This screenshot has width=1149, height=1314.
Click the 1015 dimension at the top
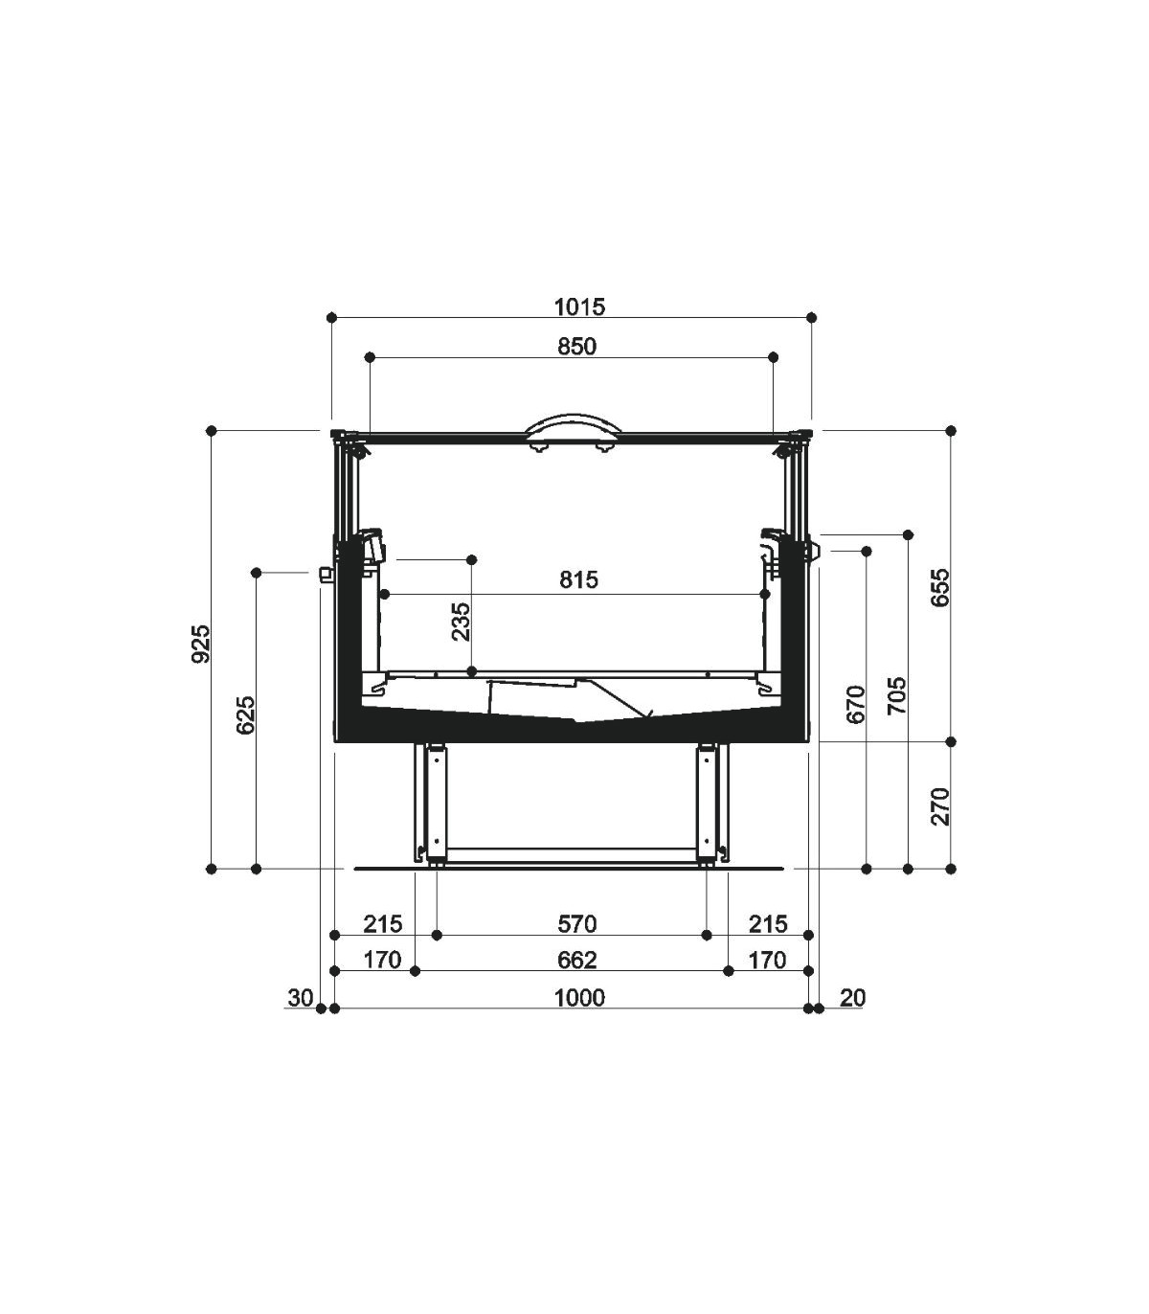click(579, 307)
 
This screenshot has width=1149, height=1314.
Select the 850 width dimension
click(576, 347)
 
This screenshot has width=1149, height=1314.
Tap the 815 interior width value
click(578, 580)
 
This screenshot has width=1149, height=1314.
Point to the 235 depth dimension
click(461, 621)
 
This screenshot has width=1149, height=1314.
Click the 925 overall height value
click(202, 645)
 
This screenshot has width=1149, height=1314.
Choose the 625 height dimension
click(246, 714)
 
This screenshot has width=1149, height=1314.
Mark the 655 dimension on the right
click(939, 588)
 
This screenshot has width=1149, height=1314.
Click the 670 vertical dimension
click(856, 705)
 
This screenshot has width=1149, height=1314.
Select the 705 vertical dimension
click(897, 695)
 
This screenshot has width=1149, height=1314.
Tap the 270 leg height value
click(939, 806)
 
